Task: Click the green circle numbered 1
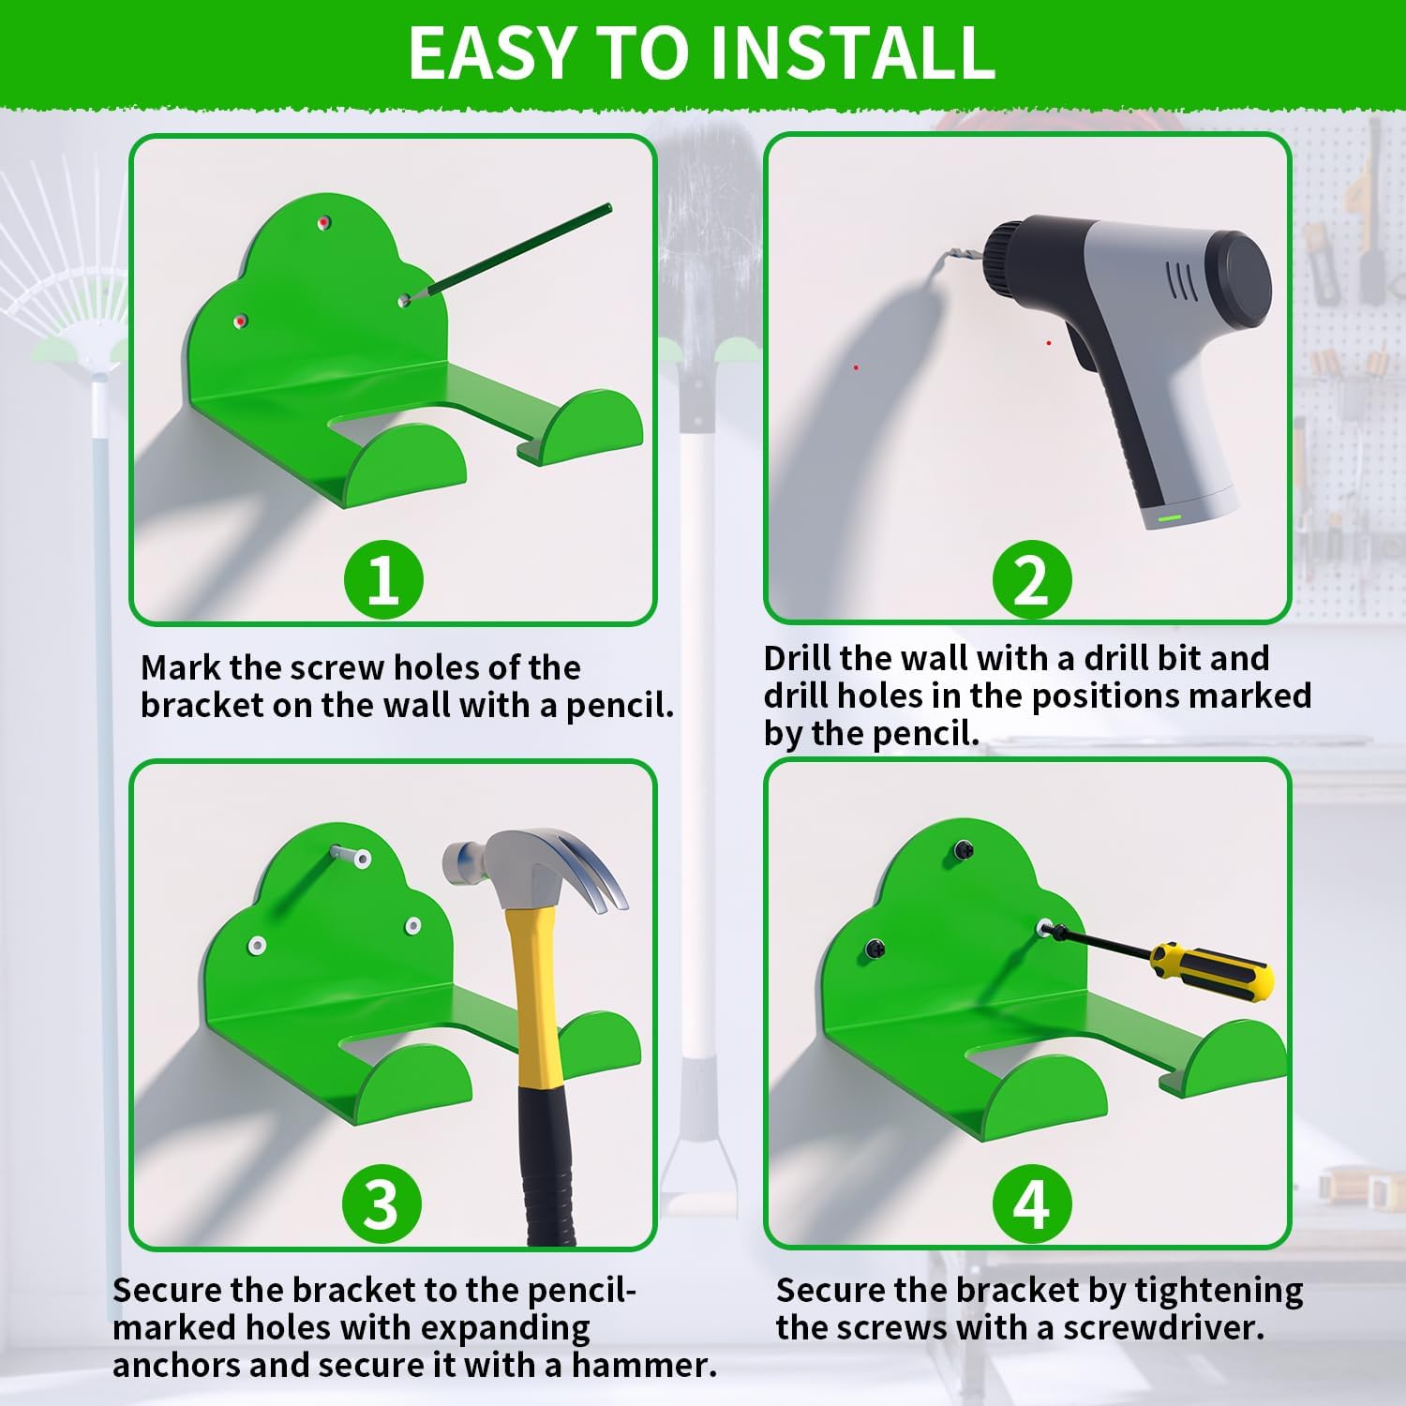[x=383, y=579]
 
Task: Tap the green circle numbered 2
[x=1032, y=579]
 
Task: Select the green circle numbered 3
[x=381, y=1204]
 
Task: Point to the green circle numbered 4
[x=1031, y=1204]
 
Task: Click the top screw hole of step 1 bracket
[x=324, y=222]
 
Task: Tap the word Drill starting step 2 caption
[x=798, y=658]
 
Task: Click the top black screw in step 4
[x=963, y=849]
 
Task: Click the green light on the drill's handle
[x=1169, y=516]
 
